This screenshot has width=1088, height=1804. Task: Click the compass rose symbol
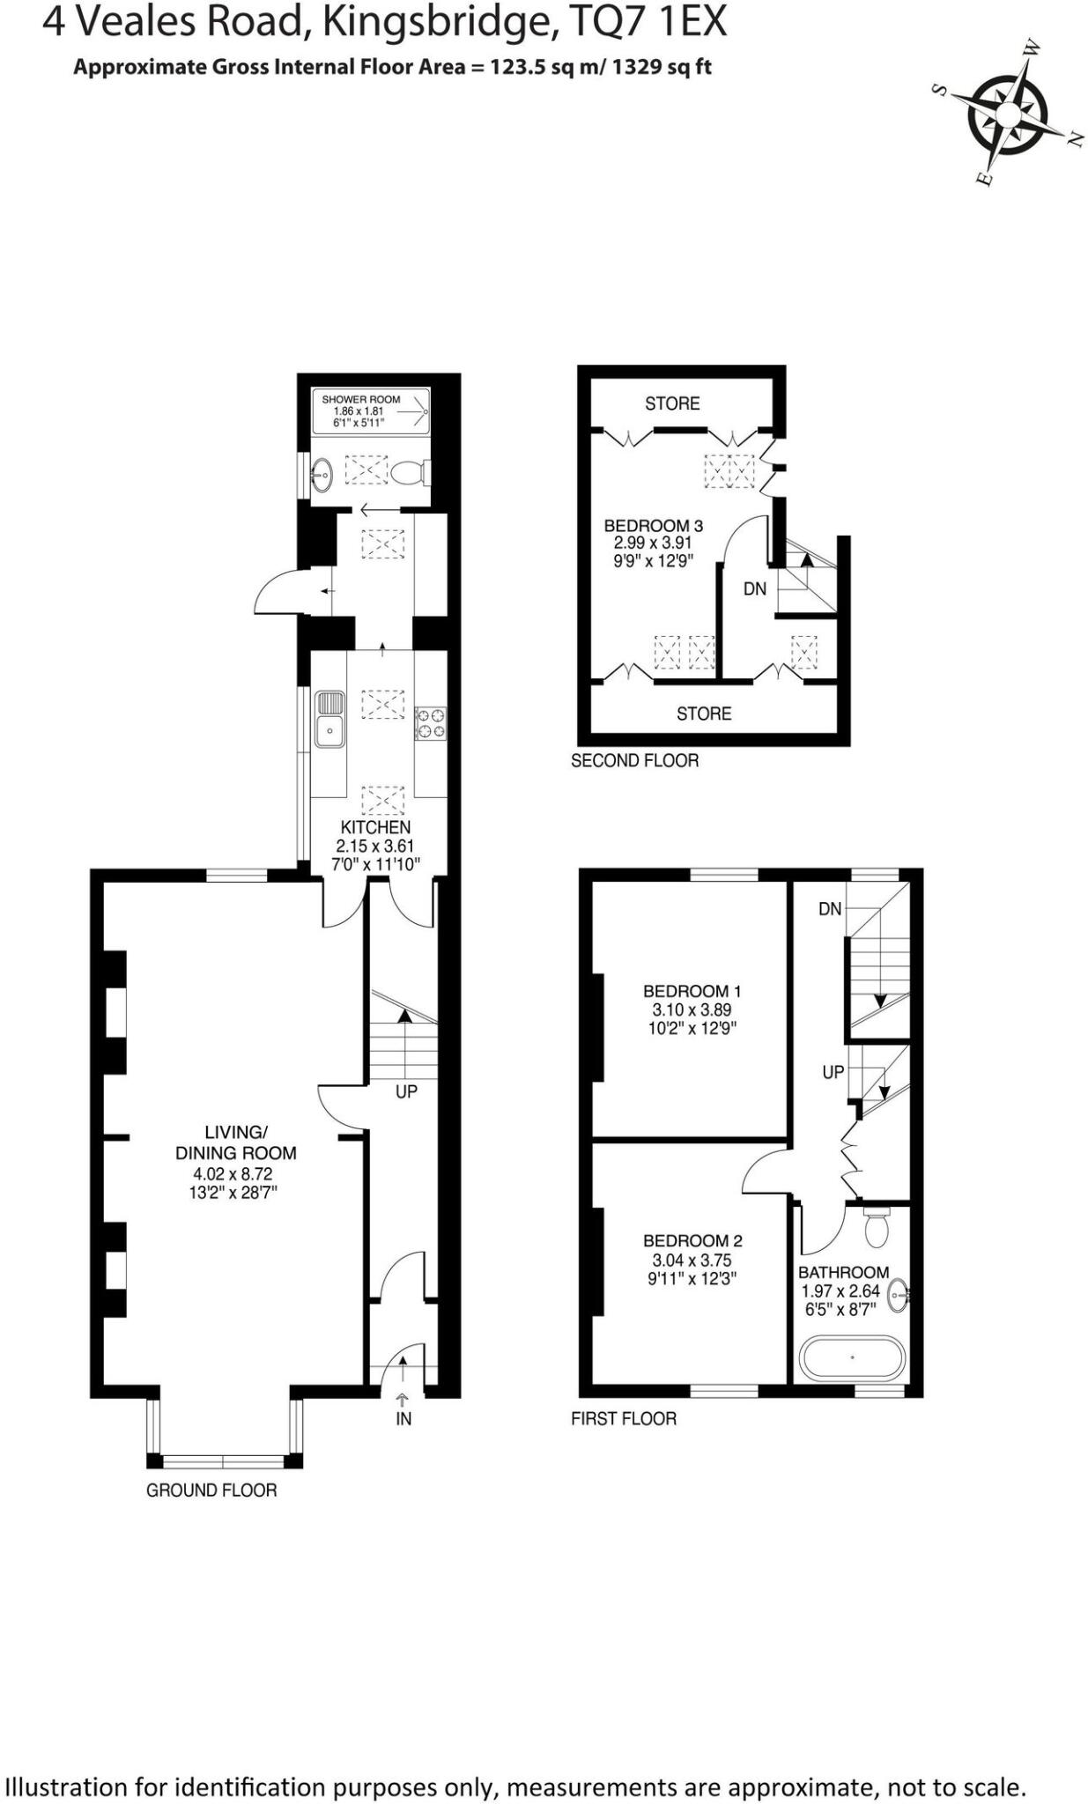coord(1007,115)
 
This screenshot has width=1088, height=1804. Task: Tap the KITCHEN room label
coord(375,828)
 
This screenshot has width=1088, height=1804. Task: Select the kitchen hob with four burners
coord(431,723)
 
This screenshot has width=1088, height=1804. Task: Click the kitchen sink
coord(329,719)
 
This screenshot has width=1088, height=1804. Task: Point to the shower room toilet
coord(410,474)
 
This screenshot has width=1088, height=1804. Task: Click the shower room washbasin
coord(322,476)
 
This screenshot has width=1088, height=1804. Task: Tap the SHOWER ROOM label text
coord(360,399)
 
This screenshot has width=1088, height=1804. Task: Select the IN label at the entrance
coord(403,1419)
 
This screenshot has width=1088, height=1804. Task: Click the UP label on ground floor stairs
coord(406,1091)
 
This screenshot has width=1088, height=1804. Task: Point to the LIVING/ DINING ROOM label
coord(235,1142)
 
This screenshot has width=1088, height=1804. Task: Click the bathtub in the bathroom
coord(852,1357)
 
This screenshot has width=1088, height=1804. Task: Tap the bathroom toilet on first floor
coord(876,1228)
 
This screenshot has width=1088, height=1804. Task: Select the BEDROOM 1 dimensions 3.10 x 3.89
coord(691,1010)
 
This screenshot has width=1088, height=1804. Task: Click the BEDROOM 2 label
coord(692,1241)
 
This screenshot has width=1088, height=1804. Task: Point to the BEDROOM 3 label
coord(653,526)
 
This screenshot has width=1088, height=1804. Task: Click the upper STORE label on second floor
coord(672,403)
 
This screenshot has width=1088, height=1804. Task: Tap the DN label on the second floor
coord(755,588)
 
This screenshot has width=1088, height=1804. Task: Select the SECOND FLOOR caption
coord(634,760)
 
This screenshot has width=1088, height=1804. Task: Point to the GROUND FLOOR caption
coord(211,1490)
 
